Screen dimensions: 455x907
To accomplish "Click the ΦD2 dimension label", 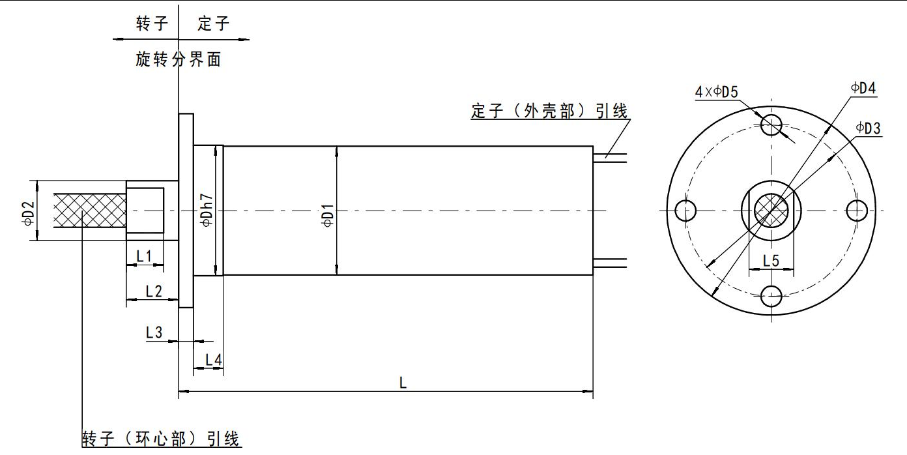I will point(27,211).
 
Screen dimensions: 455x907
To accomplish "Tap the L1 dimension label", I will point(144,257).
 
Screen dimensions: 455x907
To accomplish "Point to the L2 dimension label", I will point(154,291).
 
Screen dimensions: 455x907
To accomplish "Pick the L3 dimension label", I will point(154,332).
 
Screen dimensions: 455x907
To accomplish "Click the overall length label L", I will point(403,384).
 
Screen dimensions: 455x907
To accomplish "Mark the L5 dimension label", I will point(771,261).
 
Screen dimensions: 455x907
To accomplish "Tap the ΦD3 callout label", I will point(868,128).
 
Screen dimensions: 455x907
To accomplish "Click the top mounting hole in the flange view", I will point(772,124).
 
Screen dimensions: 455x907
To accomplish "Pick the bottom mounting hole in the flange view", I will point(772,297).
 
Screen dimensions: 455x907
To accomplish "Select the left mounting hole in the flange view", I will point(685,210).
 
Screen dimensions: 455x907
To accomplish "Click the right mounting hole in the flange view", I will point(857,210).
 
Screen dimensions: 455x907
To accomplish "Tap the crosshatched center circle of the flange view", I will point(771,210).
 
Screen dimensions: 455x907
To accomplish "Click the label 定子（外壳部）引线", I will point(549,111).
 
